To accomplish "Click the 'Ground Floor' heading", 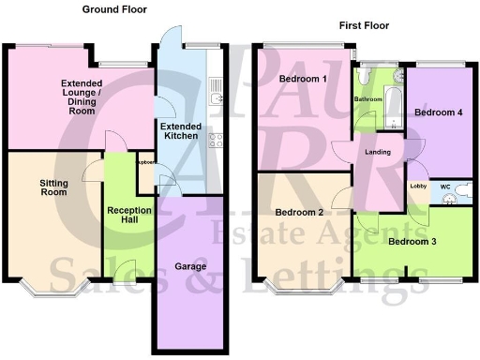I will click(x=113, y=9).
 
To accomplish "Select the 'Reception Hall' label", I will click(x=124, y=215).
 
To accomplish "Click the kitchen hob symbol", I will click(x=216, y=142).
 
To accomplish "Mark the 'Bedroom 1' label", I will click(x=303, y=79).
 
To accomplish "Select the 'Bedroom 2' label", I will click(x=300, y=212).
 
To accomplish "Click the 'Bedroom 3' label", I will click(x=413, y=241).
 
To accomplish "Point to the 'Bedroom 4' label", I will click(x=439, y=112).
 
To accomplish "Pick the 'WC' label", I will click(x=444, y=186).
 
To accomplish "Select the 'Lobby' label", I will click(x=419, y=186).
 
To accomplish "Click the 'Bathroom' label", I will click(x=368, y=98).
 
